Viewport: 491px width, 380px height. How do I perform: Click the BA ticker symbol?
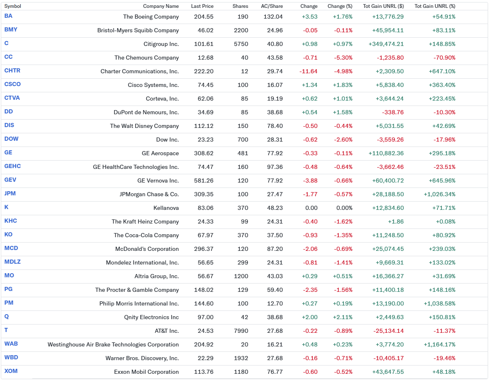coord(8,16)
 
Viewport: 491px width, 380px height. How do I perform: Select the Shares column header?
coord(241,6)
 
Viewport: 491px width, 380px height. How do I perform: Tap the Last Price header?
coord(202,6)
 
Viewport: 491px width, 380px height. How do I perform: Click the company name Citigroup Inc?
coord(161,44)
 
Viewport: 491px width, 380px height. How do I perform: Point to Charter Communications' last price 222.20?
coord(204,71)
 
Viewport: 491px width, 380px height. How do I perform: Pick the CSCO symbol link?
coord(12,84)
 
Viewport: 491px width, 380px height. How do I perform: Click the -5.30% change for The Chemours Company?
coord(343,58)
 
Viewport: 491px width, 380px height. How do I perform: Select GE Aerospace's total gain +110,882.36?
coord(386,153)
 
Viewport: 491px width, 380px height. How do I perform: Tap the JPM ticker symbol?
coord(10,194)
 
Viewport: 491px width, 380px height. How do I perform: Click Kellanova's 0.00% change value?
coord(344,208)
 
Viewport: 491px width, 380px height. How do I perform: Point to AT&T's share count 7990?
coord(241,331)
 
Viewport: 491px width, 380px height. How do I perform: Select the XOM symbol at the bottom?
coord(11,371)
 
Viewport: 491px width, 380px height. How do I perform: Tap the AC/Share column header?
coord(272,6)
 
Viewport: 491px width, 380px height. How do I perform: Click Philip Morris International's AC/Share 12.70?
coord(275,303)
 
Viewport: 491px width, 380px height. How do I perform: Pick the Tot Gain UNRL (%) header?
coord(435,6)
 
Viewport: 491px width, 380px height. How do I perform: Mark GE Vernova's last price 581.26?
coord(204,180)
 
